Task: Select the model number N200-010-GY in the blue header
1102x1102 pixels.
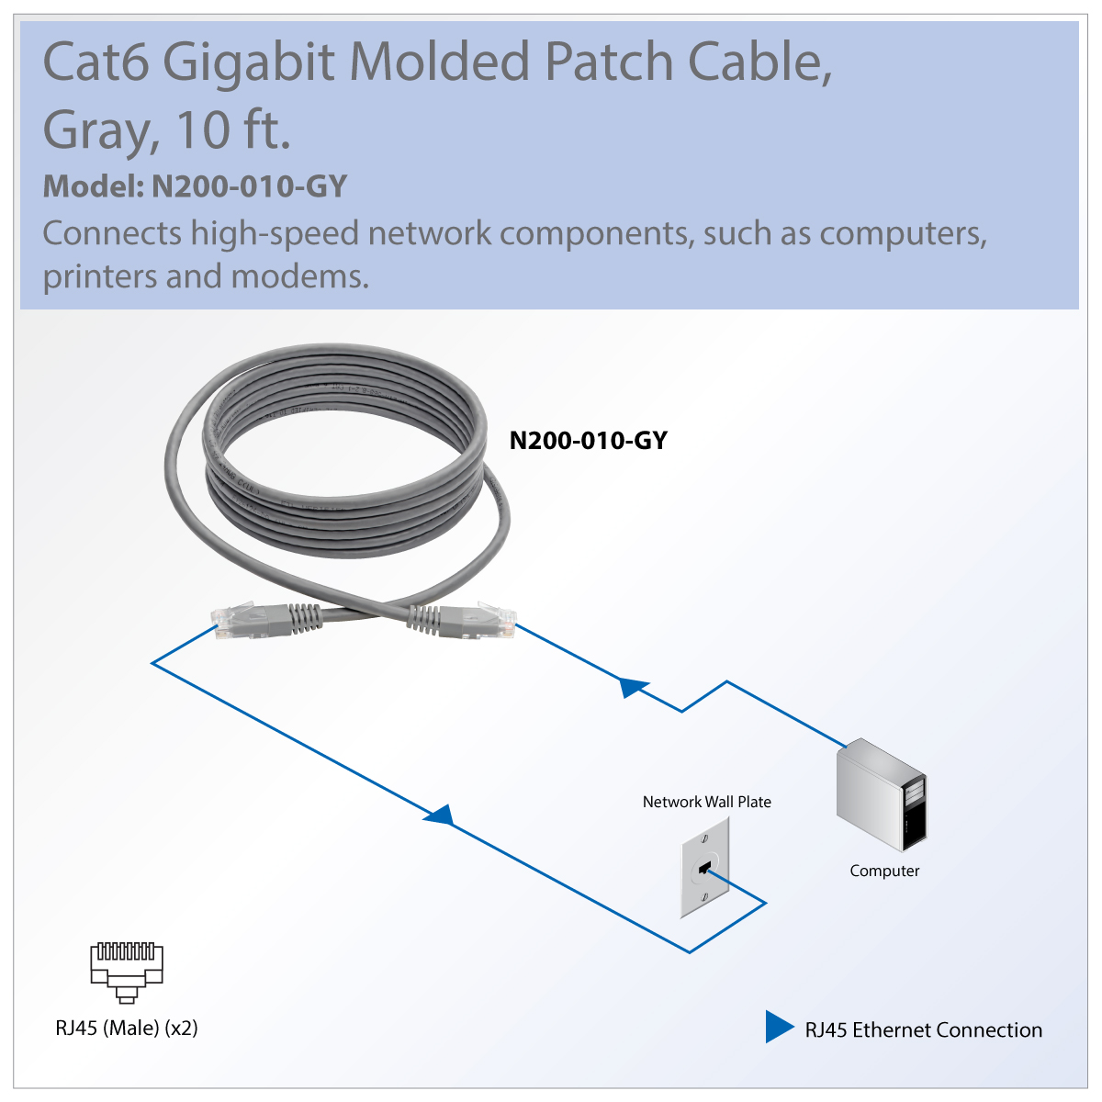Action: point(249,186)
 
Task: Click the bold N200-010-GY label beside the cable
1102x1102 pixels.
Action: point(588,441)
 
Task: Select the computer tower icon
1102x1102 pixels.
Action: point(882,794)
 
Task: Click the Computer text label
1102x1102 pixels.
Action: point(884,871)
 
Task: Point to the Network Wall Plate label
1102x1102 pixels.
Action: point(706,802)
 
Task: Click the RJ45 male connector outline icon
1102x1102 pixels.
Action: point(127,972)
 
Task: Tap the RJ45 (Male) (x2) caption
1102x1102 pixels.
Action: point(127,1028)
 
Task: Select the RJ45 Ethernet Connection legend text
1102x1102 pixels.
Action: point(923,1030)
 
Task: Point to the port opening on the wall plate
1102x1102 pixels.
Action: point(705,866)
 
